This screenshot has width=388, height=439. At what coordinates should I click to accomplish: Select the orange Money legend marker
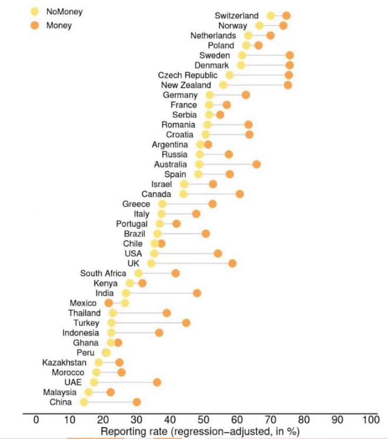(35, 25)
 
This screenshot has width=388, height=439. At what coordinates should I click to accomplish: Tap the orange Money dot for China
(136, 402)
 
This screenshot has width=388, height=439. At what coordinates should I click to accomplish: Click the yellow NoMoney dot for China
(84, 402)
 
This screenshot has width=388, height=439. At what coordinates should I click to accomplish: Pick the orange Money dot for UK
(232, 263)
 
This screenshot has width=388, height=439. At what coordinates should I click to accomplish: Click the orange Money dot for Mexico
(109, 303)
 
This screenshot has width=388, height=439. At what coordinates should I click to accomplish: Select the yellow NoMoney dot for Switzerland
(270, 16)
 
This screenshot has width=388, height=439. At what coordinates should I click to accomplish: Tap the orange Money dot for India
(197, 293)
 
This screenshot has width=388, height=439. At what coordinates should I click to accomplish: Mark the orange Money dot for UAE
(157, 383)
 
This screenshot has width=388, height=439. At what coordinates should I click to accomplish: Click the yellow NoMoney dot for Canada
(183, 194)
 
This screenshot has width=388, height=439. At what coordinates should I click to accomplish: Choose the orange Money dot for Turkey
(186, 322)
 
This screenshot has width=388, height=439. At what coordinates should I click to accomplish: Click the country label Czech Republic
(188, 75)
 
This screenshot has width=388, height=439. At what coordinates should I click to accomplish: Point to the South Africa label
(103, 273)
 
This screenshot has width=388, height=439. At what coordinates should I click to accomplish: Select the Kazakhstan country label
(64, 362)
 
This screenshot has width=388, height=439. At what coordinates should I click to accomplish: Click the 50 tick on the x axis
(203, 420)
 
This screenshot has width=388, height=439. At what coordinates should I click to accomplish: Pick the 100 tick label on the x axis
(370, 420)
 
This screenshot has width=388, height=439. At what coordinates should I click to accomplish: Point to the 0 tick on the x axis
(36, 420)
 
